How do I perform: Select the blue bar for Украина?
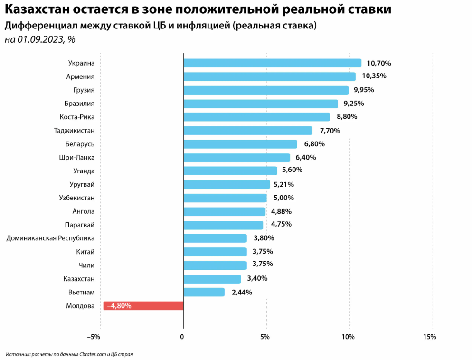click(272, 63)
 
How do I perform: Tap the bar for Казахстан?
click(212, 279)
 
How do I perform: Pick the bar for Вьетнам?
click(204, 292)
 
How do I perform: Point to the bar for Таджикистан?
click(247, 130)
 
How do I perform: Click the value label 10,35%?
click(374, 76)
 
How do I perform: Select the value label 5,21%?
click(283, 184)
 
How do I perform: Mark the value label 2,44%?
click(242, 292)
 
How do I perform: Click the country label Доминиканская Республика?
click(50, 238)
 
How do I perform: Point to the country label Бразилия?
click(79, 103)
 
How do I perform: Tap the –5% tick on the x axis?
click(94, 337)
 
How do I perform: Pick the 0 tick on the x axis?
click(182, 337)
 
